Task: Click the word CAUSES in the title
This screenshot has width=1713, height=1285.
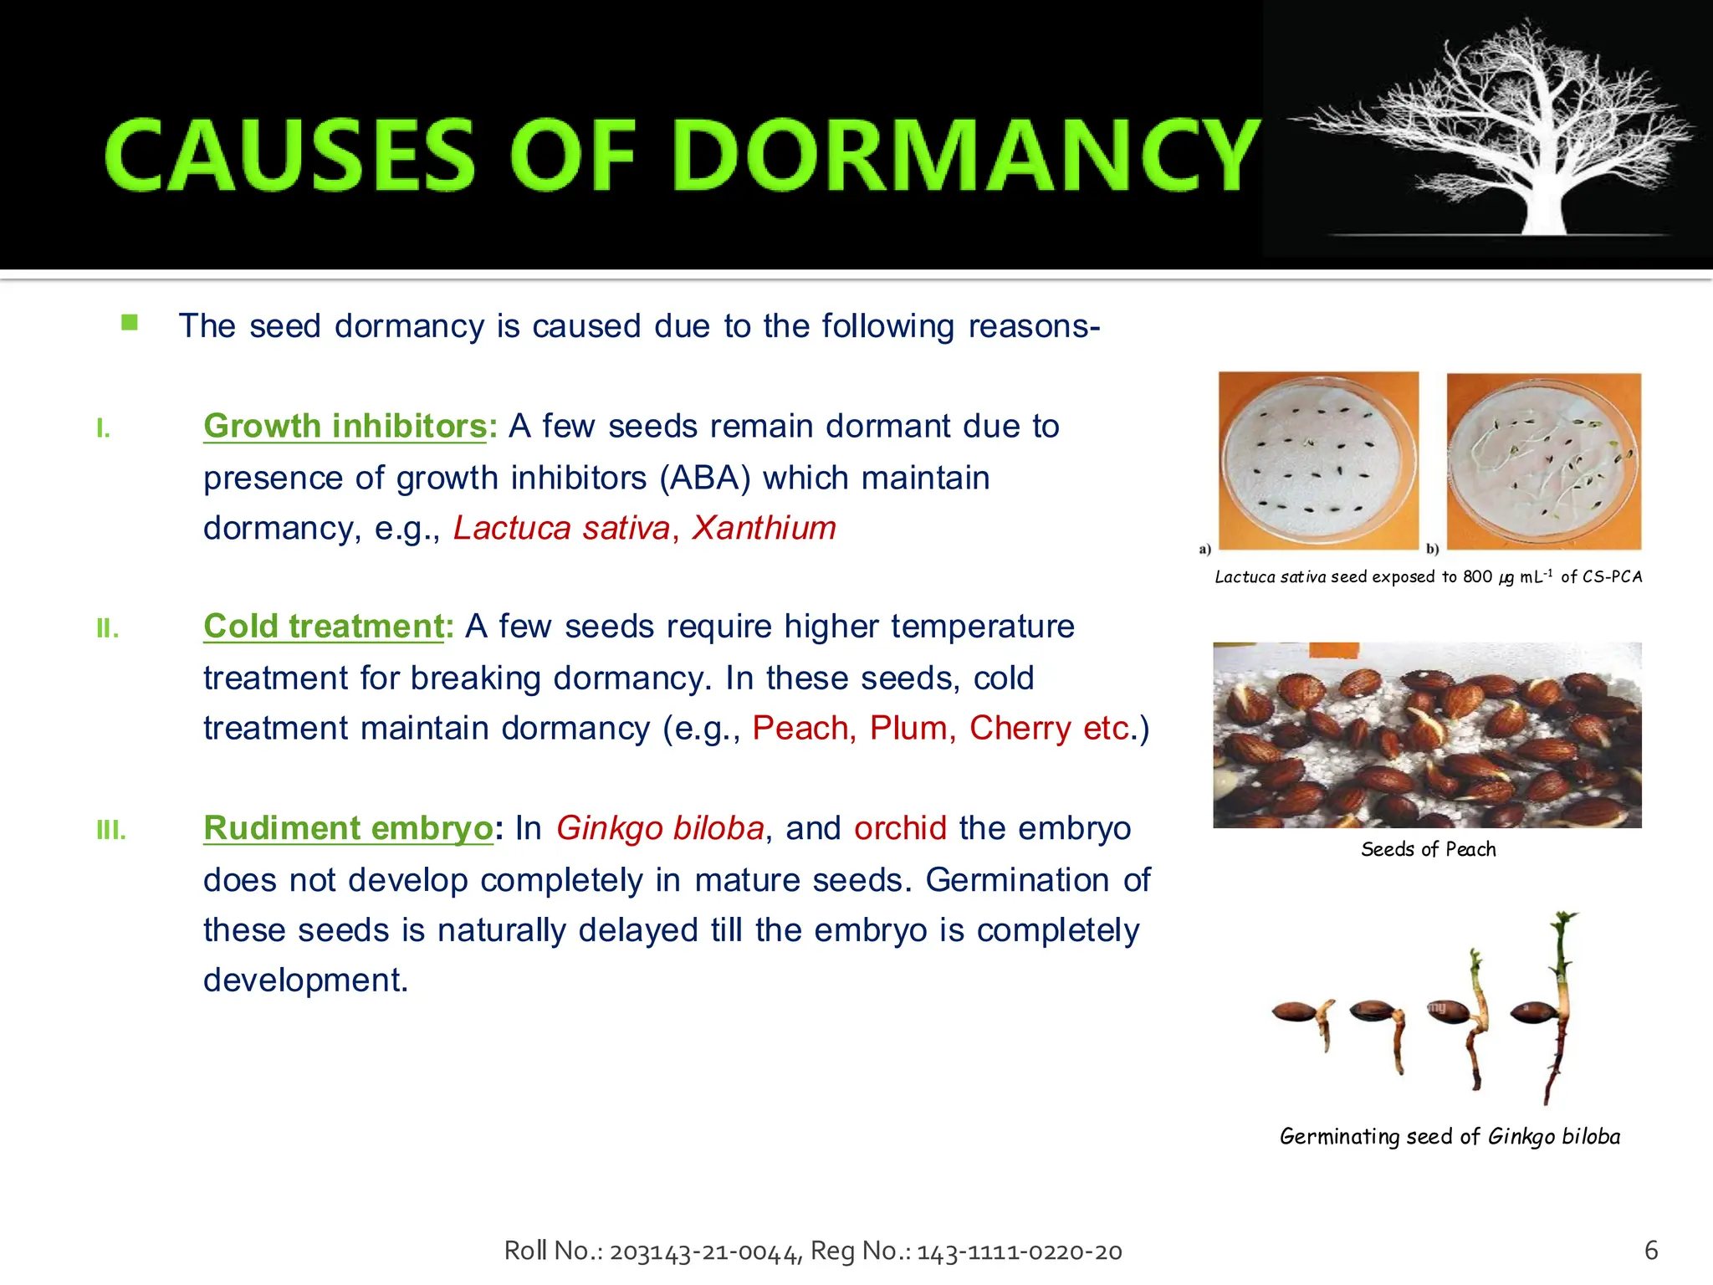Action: [x=289, y=156]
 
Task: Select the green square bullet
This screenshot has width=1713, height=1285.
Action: [x=130, y=323]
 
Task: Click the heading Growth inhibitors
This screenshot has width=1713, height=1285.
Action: [x=345, y=427]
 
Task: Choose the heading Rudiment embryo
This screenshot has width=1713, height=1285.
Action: [x=348, y=828]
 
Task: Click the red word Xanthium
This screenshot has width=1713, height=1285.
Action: [x=764, y=528]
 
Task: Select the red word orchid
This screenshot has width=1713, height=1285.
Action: [x=900, y=828]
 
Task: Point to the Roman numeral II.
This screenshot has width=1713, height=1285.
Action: [x=107, y=628]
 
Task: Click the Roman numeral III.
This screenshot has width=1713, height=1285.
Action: [x=110, y=831]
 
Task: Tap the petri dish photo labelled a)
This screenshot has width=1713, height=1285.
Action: [x=1317, y=460]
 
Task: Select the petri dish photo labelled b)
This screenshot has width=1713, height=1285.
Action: [x=1544, y=461]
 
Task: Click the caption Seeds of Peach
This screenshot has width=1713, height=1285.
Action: [x=1428, y=850]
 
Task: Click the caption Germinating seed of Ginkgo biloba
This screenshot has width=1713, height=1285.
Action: [x=1450, y=1137]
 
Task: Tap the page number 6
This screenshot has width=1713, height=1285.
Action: [x=1651, y=1251]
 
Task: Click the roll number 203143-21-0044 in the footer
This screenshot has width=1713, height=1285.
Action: [x=706, y=1252]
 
